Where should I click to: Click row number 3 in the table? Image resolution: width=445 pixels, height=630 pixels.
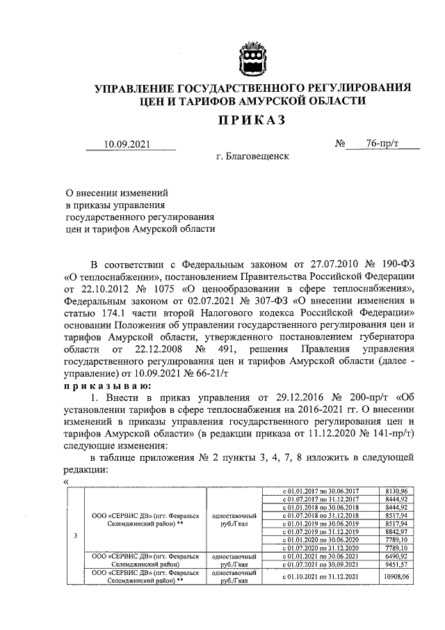point(74,535)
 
